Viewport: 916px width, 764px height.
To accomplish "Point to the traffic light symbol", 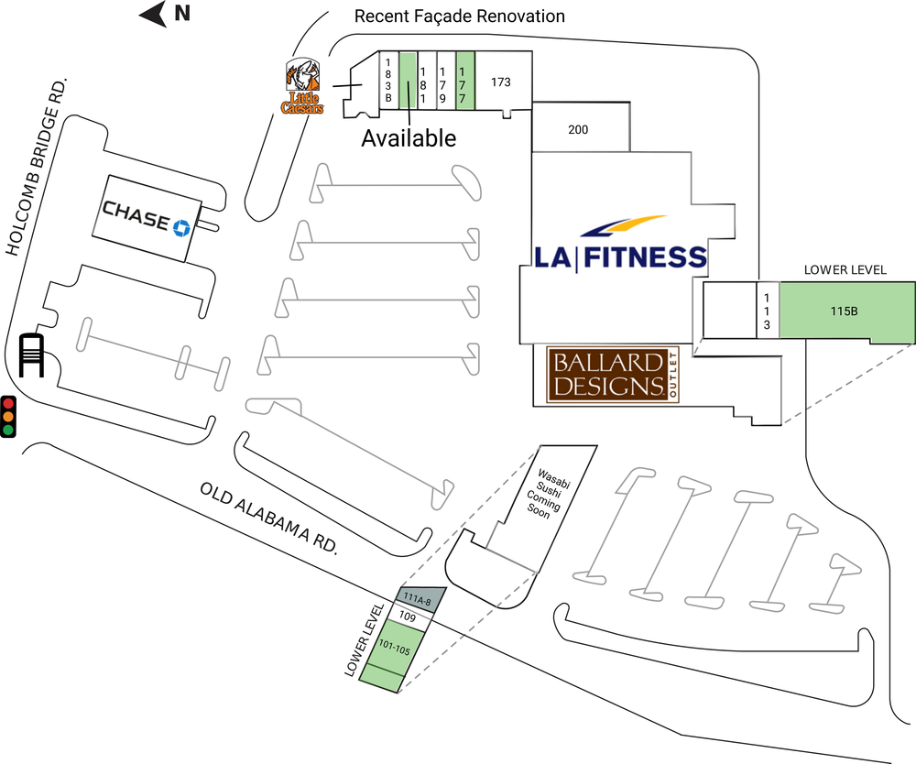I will click(x=9, y=416).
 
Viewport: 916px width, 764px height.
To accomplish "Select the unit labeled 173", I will click(x=501, y=82).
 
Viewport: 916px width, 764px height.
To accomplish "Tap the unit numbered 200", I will click(x=578, y=129).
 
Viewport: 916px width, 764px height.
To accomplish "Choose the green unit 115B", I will click(x=844, y=311).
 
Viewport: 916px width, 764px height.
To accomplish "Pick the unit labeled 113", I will click(x=767, y=311).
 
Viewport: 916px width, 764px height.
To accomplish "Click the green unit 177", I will click(x=464, y=79).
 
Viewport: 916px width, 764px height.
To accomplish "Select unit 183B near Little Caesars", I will click(x=388, y=80).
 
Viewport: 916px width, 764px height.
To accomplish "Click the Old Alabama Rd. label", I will click(x=269, y=517).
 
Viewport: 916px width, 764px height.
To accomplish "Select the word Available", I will click(x=408, y=138).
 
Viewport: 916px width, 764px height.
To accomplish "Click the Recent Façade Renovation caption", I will click(x=460, y=16).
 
